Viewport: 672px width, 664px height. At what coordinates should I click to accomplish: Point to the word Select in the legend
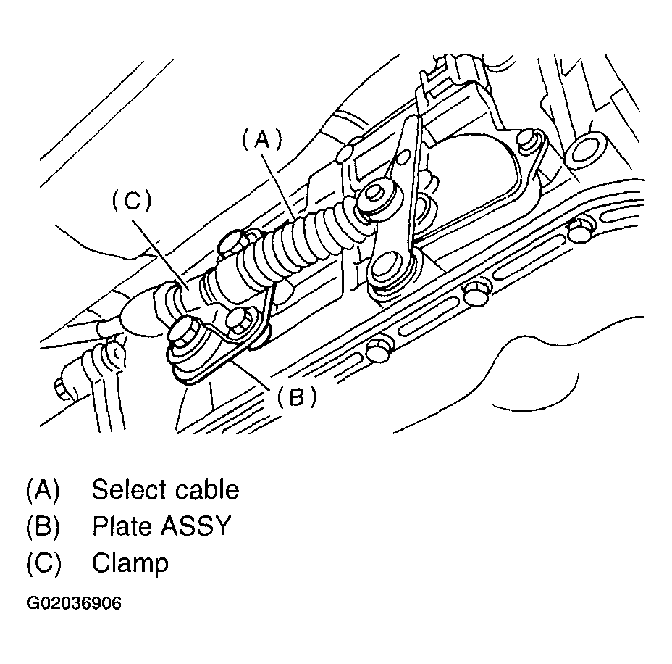(x=128, y=490)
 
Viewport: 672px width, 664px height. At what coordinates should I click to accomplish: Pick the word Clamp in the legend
(x=130, y=563)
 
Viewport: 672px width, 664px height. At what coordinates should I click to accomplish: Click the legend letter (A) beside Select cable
(x=43, y=490)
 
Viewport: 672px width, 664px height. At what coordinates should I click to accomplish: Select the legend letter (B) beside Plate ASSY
(x=43, y=526)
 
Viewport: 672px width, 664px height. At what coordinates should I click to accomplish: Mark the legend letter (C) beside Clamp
(x=43, y=563)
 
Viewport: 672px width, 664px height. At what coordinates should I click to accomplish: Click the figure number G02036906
(x=74, y=604)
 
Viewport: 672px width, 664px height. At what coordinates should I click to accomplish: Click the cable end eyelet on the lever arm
(x=377, y=194)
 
